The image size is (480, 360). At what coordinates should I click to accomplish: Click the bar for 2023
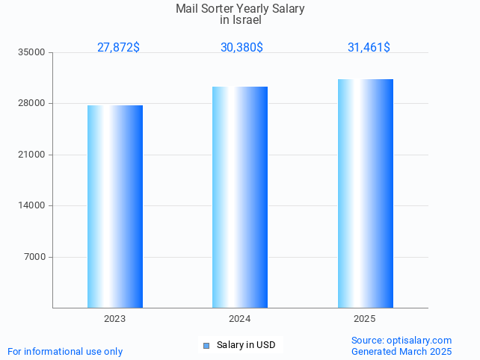point(115,206)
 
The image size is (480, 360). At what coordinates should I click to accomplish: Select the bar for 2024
point(240,197)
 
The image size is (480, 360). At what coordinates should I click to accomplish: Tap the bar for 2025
point(365,193)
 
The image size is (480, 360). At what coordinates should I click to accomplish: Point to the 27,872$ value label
point(118,47)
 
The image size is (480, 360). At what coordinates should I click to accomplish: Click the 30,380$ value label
point(241,47)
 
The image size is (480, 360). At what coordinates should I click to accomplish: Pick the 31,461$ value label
point(369,47)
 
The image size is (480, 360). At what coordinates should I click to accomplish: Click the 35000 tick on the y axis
point(33,52)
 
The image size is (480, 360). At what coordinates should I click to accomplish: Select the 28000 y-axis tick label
point(33,104)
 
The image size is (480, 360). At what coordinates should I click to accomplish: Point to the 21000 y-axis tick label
point(33,155)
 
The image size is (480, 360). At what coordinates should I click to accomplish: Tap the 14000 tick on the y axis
point(33,205)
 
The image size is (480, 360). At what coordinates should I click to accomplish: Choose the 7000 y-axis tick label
point(35,257)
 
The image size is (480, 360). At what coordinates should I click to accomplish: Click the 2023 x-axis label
point(114,319)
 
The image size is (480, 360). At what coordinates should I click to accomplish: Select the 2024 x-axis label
point(239,319)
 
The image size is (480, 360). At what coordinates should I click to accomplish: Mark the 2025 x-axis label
point(364,319)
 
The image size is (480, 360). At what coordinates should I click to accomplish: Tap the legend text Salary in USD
point(246,345)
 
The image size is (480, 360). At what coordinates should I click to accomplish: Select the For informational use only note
point(65,351)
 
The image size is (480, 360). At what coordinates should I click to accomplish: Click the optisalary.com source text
point(419,340)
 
